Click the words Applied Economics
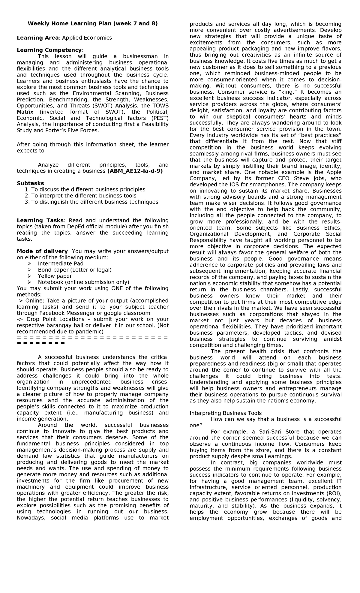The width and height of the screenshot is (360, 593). (86, 38)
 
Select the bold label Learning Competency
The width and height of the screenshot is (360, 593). (49, 50)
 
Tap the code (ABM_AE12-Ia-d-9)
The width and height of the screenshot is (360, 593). (135, 171)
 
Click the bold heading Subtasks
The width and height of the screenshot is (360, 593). (30, 183)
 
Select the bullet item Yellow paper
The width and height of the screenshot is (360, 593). (55, 276)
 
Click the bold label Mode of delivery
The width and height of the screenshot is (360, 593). (42, 251)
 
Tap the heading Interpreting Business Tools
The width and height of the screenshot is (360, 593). (226, 413)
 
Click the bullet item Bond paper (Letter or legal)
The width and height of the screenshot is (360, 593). (74, 270)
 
